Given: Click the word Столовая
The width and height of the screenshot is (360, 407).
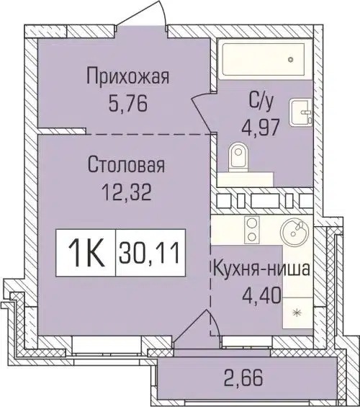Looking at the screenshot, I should point(127,166).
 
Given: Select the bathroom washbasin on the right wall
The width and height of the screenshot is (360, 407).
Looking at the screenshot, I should point(301,113).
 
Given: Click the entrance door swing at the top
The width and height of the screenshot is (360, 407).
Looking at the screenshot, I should point(145,16).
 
